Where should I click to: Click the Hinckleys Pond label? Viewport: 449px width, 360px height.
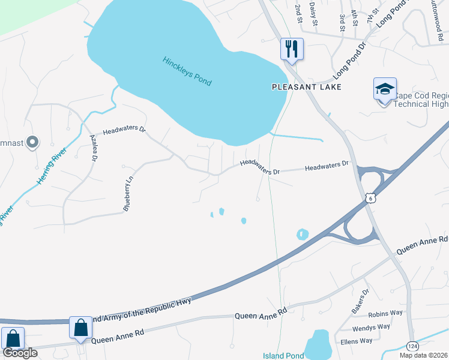[187, 71]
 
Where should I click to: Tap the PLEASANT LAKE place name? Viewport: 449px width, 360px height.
[306, 87]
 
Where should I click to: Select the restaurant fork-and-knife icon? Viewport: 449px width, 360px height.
[292, 49]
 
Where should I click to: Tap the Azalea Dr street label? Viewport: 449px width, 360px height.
[94, 147]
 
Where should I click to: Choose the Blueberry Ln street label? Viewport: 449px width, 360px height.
[127, 192]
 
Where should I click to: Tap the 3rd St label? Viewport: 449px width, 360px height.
[342, 22]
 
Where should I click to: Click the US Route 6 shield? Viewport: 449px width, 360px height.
[371, 198]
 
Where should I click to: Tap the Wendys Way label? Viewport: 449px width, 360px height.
[371, 328]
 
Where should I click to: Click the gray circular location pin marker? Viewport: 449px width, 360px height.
[33, 143]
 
